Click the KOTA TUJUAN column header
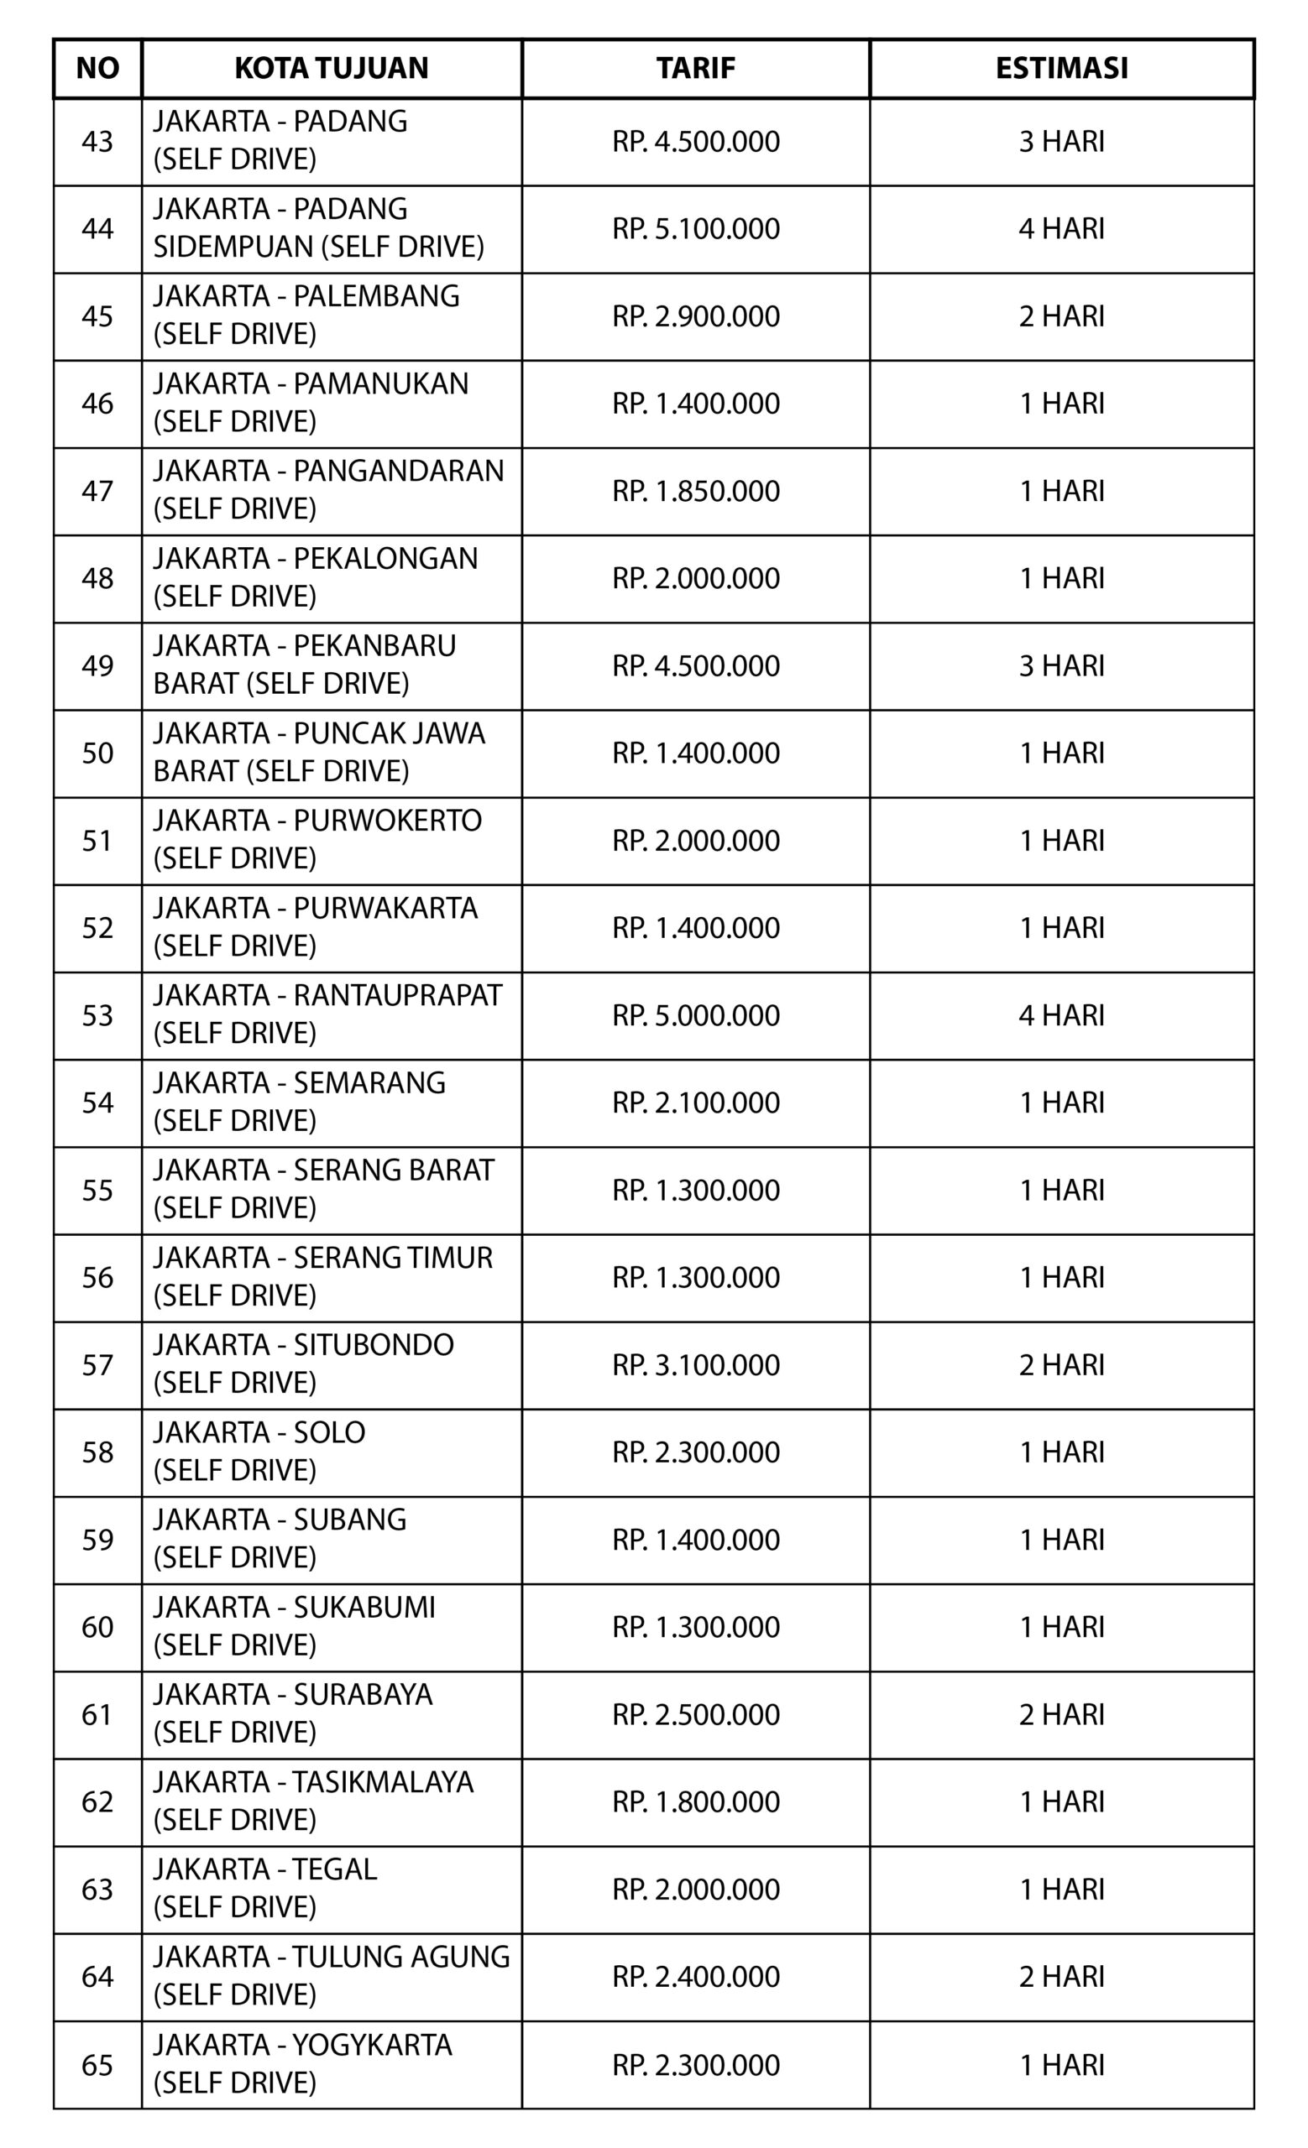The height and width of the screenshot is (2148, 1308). [332, 68]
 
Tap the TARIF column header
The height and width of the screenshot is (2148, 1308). [695, 68]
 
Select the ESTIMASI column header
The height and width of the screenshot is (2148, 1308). [1061, 68]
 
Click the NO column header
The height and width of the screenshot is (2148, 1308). [97, 68]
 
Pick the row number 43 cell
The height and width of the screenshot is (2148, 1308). [97, 141]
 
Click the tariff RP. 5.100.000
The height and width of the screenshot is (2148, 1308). [695, 228]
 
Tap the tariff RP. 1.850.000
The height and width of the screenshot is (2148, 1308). [695, 491]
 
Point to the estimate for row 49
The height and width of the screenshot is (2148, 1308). [1061, 665]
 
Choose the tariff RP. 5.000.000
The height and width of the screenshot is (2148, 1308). [695, 1014]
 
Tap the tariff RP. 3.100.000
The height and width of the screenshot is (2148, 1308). [695, 1364]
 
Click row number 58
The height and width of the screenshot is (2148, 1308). [97, 1452]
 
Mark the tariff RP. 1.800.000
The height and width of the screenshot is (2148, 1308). [695, 1801]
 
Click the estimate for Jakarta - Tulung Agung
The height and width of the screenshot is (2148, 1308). [1061, 1975]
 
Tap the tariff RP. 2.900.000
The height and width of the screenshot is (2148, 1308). [695, 315]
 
